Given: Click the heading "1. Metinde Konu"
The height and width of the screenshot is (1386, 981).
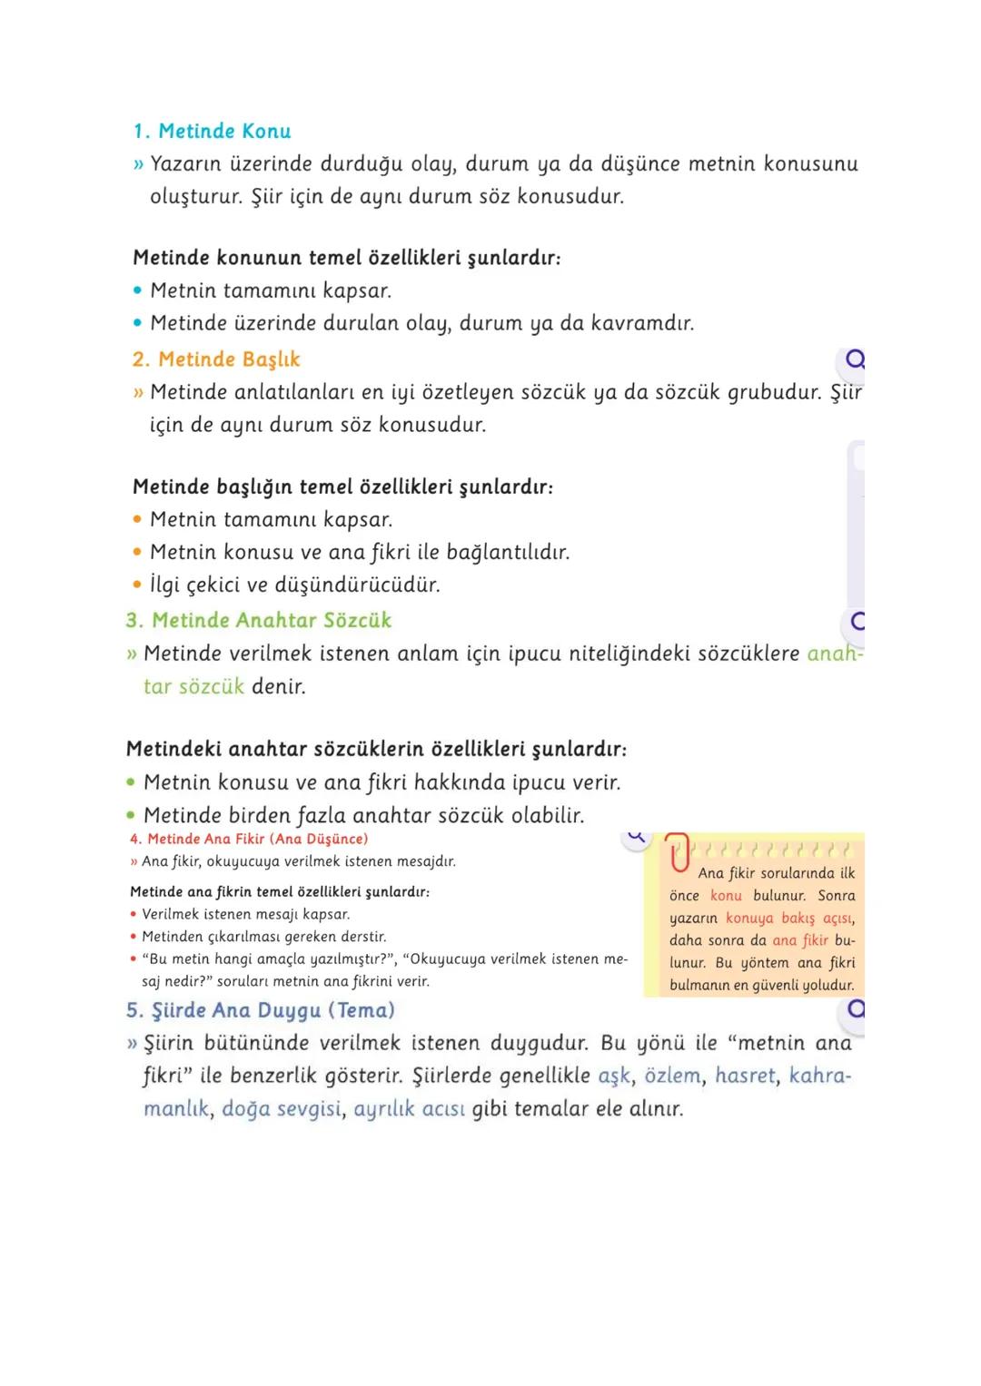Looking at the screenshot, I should [213, 131].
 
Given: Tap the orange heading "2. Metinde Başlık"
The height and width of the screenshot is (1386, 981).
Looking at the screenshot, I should [216, 359].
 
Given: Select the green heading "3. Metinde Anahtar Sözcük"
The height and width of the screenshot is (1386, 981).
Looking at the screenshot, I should [259, 620].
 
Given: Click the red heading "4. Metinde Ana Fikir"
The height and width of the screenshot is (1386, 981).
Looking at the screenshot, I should [249, 839].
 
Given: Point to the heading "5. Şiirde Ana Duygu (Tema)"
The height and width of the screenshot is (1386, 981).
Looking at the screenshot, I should [261, 1010].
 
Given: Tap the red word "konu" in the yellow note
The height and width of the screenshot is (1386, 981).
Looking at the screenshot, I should [726, 895].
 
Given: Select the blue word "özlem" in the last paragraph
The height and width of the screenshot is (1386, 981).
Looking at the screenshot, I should [672, 1076].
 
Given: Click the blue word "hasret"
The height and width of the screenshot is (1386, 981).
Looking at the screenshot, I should [745, 1076].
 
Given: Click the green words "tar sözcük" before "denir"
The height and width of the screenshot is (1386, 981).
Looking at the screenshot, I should [193, 686].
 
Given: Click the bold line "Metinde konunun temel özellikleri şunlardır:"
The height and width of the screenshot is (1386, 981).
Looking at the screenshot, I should [346, 258].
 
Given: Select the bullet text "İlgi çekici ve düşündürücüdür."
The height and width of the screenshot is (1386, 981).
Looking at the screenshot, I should [295, 585].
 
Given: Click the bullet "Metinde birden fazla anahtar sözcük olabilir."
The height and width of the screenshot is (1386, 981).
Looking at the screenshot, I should [363, 815].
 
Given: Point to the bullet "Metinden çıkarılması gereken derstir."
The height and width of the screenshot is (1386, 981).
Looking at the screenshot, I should [264, 937].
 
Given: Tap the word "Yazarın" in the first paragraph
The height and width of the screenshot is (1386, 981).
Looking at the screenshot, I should [186, 164].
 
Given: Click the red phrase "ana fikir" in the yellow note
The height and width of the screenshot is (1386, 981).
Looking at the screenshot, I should [800, 940].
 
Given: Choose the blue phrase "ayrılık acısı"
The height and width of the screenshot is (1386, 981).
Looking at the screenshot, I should [409, 1108].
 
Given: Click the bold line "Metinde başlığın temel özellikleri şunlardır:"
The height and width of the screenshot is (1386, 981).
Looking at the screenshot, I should [342, 487].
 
